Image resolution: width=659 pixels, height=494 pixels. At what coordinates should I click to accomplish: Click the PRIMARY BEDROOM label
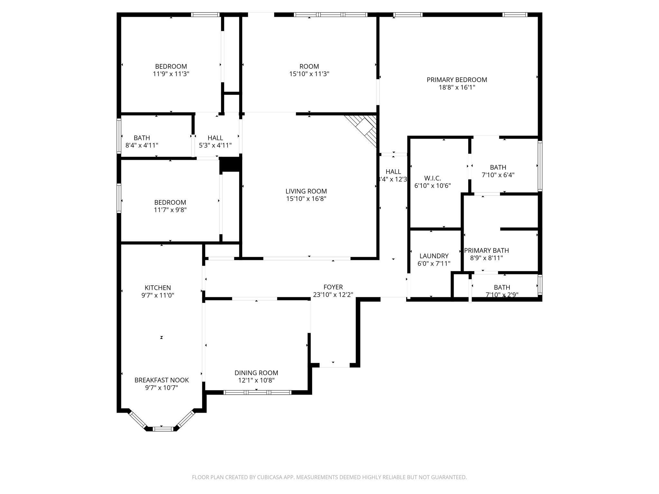point(457,80)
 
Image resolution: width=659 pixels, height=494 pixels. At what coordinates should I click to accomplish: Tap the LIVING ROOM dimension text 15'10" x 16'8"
point(306,199)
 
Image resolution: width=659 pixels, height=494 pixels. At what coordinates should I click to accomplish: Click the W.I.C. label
point(432,178)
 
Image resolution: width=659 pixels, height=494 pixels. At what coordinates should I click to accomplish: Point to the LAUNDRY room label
point(434,256)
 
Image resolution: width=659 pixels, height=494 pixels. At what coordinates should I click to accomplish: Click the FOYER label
point(333,287)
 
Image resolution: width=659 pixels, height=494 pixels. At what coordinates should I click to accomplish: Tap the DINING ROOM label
point(256,373)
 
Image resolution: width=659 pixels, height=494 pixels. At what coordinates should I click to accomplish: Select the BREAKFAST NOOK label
point(162,380)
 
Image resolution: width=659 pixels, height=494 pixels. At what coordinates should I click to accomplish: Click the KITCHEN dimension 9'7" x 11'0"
point(158,295)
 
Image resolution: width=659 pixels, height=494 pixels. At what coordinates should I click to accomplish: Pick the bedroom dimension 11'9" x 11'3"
point(171,74)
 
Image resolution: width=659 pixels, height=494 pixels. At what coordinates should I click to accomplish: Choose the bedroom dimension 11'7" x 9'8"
point(170,210)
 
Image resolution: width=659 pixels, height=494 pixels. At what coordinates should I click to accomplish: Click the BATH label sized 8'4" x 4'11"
point(142,138)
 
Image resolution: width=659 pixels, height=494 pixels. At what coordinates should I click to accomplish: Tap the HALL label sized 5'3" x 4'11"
point(215,138)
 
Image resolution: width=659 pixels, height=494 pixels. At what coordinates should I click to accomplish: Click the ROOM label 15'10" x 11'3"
point(309,67)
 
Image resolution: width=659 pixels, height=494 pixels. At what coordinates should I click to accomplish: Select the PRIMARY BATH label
point(486,251)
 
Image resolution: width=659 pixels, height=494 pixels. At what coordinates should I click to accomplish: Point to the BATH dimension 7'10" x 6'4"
point(498,175)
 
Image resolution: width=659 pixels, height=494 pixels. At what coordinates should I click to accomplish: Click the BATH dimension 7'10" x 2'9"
point(502,294)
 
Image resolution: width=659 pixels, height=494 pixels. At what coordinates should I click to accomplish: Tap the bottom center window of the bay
point(162,428)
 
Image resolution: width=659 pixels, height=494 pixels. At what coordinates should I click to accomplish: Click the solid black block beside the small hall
point(230,165)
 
